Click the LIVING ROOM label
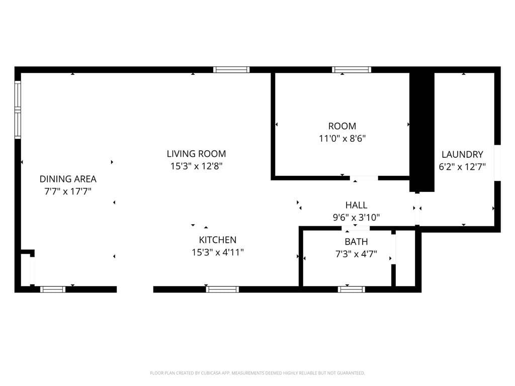tap(196, 154)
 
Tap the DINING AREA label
tap(68, 179)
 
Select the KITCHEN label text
tap(217, 240)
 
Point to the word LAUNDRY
tap(462, 155)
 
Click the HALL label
tap(356, 205)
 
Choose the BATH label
tap(356, 242)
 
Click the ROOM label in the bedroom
tap(342, 126)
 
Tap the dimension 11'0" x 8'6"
tap(342, 139)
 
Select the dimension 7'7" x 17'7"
tap(68, 191)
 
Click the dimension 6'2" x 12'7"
tap(462, 167)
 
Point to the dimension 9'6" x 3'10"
tap(356, 218)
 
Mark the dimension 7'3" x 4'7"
tap(356, 254)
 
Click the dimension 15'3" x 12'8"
tap(196, 166)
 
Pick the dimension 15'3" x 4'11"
tap(217, 253)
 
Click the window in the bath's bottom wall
tap(352, 289)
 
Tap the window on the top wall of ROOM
tap(352, 69)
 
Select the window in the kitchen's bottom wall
tap(222, 289)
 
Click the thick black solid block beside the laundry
tap(422, 131)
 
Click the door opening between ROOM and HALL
tap(364, 178)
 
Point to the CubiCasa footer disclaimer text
tap(257, 373)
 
